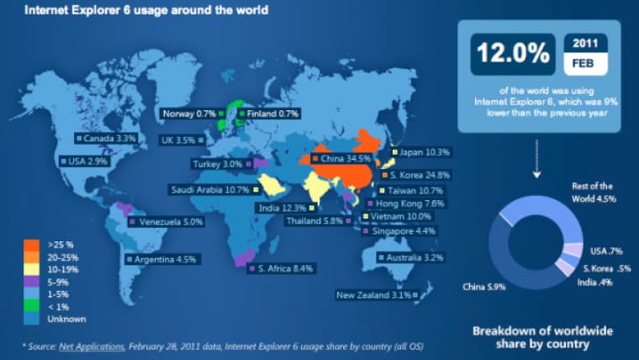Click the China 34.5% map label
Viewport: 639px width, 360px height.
coord(343,158)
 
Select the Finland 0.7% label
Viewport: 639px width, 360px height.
coord(268,113)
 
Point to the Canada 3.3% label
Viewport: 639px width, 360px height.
coord(108,137)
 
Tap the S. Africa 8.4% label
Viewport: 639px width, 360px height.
coord(282,269)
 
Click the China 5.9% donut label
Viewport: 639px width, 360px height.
coord(484,288)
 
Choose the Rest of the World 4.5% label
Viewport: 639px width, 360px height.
coord(593,192)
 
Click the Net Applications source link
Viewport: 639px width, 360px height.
coord(91,346)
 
